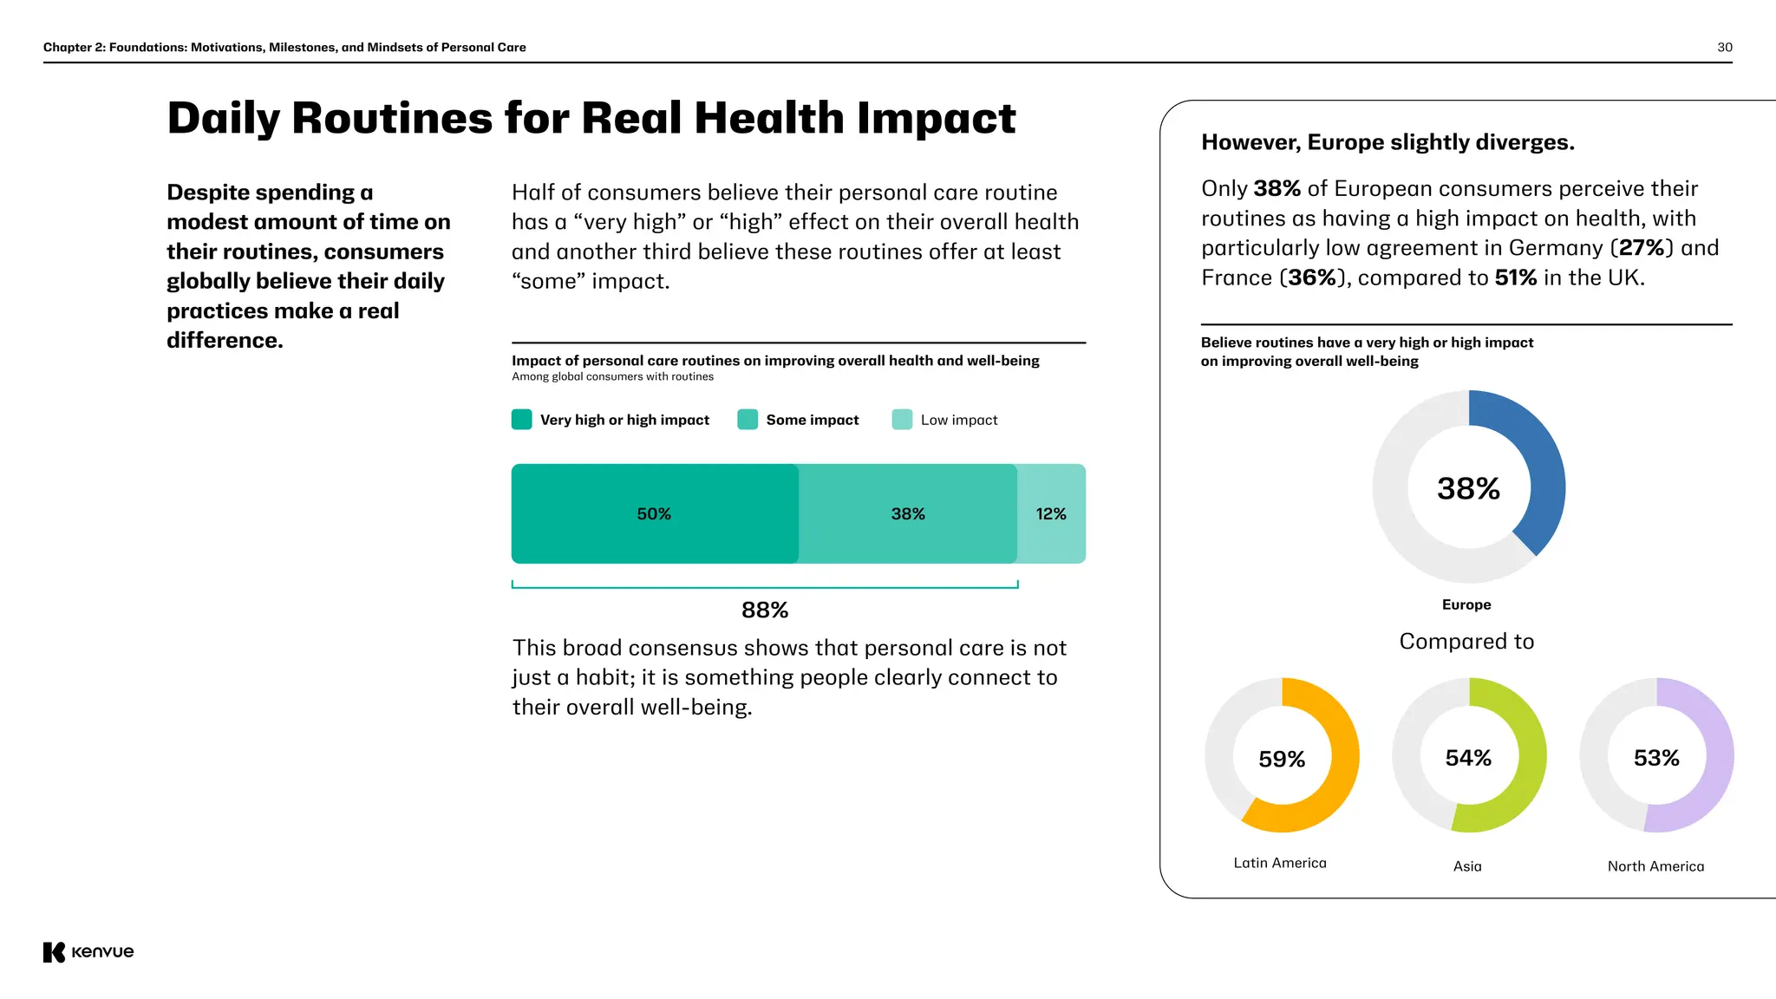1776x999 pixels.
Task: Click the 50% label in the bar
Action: tap(654, 514)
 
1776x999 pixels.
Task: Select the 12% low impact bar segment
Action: tap(1051, 514)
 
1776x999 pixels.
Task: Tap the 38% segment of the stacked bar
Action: tap(908, 514)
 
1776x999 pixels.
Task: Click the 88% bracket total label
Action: tap(765, 610)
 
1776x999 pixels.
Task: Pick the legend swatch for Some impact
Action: tap(748, 420)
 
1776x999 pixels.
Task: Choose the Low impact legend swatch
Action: tap(902, 420)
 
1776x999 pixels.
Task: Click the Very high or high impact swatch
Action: tap(521, 420)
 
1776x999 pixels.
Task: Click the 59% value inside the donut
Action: tap(1282, 760)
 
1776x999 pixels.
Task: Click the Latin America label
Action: tap(1280, 863)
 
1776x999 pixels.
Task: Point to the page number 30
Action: tap(1725, 48)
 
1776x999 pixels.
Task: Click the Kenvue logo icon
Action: tap(54, 952)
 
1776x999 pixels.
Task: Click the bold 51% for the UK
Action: tap(1515, 277)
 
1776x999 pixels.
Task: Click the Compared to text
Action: tap(1466, 642)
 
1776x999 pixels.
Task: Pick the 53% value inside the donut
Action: tap(1656, 759)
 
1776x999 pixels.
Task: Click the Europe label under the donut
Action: tap(1466, 604)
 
